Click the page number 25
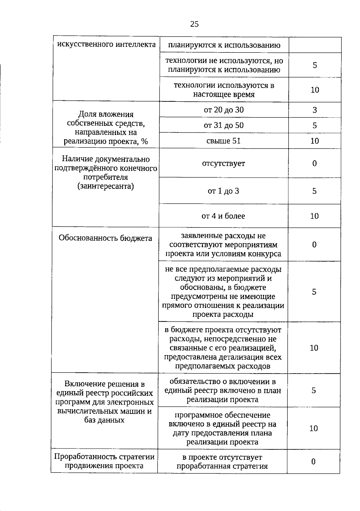[x=194, y=24]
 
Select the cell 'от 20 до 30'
[x=224, y=110]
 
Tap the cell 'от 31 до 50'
[x=224, y=125]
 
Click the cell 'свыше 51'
[x=224, y=141]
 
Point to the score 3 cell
[x=314, y=110]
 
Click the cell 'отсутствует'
[x=223, y=163]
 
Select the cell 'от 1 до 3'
[x=223, y=191]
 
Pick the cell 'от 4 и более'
[x=223, y=216]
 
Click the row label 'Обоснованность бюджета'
[x=105, y=238]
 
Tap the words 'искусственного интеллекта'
[x=106, y=44]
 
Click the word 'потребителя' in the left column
[x=106, y=177]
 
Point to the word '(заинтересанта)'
[x=106, y=186]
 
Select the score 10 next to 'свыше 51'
[x=314, y=141]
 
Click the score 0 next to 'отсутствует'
[x=314, y=163]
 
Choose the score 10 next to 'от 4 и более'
[x=314, y=216]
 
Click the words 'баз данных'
[x=104, y=420]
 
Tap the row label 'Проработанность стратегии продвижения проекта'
[x=104, y=461]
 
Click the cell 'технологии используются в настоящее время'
[x=224, y=90]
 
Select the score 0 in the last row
[x=313, y=461]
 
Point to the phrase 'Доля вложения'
[x=106, y=114]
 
